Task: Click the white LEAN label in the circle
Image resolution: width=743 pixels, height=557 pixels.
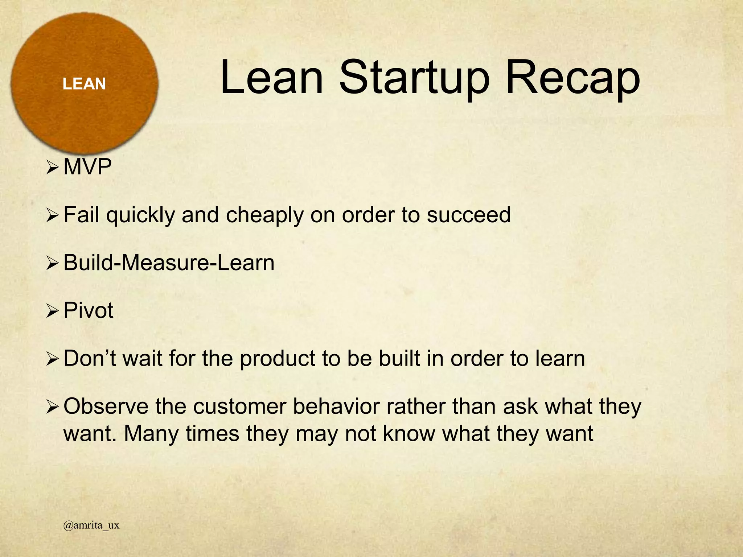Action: point(84,84)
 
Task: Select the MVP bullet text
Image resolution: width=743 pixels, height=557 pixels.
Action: point(87,167)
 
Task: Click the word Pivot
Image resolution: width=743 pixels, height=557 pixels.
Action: point(88,311)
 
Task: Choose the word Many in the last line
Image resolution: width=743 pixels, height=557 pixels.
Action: point(151,434)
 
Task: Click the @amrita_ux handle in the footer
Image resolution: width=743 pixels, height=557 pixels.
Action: point(91,525)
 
